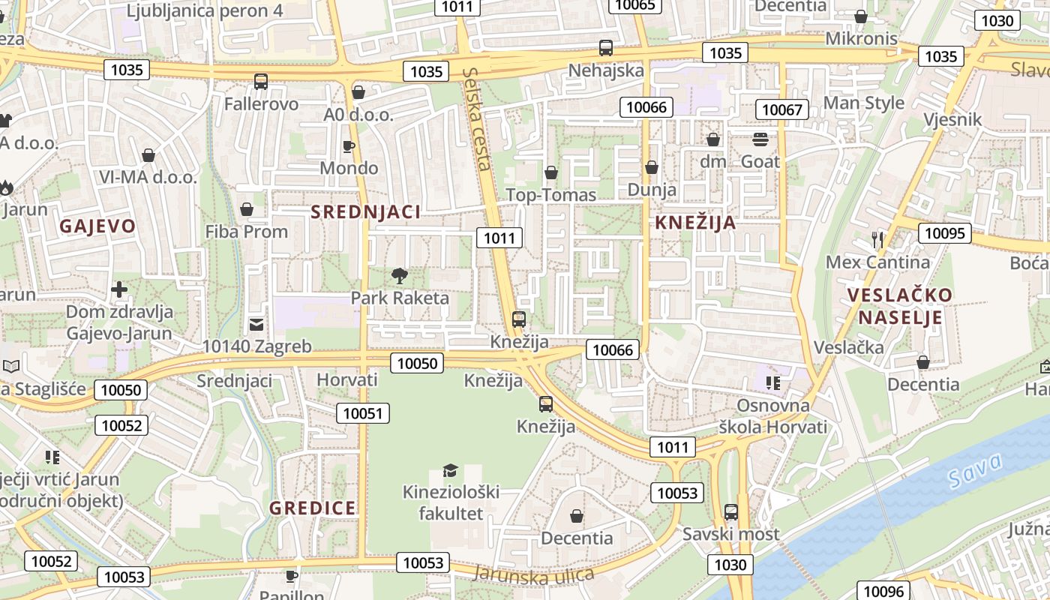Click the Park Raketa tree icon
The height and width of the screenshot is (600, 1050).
pos(399,275)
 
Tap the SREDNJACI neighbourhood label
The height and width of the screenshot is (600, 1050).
pos(366,212)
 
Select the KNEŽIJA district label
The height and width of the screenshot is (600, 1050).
pos(695,223)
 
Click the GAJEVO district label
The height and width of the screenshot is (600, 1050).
pos(97,226)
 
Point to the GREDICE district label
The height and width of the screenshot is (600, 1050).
pos(313,508)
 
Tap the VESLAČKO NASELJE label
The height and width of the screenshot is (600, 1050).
pos(900,305)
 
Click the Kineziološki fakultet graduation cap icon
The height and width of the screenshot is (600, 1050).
pos(450,470)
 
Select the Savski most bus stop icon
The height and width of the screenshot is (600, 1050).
pos(730,512)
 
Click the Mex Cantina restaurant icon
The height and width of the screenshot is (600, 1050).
pos(878,240)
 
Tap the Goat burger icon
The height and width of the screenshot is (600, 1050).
pos(760,139)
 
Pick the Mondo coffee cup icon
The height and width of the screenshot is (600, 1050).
pos(348,145)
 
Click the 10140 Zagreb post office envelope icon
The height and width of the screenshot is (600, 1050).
pos(256,324)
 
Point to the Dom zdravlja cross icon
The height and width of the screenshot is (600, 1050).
pos(118,289)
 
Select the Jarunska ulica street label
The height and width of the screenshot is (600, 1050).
pos(534,574)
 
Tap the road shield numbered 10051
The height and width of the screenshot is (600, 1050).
pos(363,412)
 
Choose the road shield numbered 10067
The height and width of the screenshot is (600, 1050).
pos(781,109)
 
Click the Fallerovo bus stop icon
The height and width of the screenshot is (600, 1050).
pos(260,82)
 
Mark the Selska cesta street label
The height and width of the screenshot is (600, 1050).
pos(477,118)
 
